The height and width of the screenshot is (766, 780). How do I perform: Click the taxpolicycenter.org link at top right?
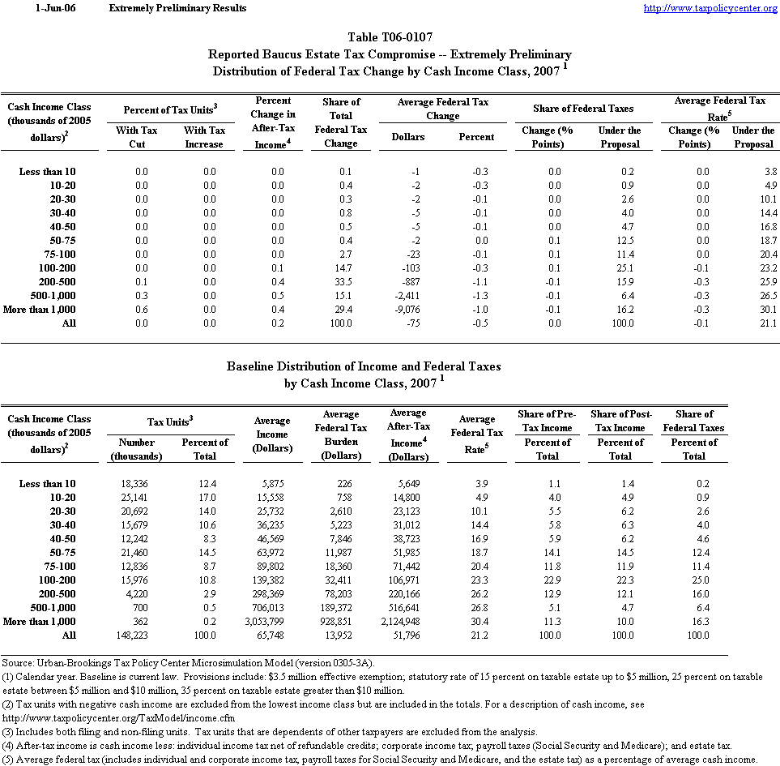pyautogui.click(x=710, y=8)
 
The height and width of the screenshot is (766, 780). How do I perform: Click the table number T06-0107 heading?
pyautogui.click(x=390, y=37)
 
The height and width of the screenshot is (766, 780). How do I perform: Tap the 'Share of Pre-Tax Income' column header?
pyautogui.click(x=548, y=421)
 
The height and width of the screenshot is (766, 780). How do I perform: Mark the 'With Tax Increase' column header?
pyautogui.click(x=204, y=136)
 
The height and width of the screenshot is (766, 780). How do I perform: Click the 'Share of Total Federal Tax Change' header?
pyautogui.click(x=341, y=122)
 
